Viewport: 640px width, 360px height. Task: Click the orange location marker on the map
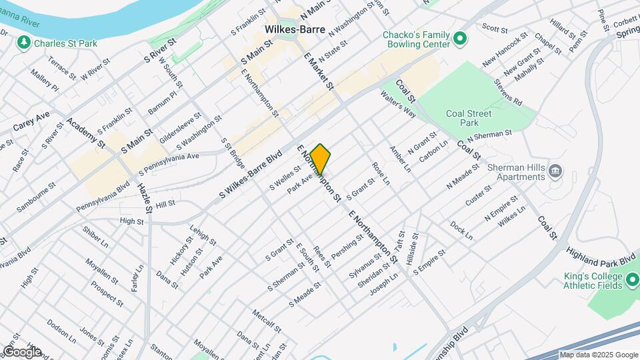tap(320, 159)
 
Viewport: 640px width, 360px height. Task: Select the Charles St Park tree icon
tap(24, 43)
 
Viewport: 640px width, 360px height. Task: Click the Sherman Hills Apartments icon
tap(554, 172)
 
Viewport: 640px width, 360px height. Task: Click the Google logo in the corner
tap(21, 352)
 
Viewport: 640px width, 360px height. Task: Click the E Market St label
tap(318, 73)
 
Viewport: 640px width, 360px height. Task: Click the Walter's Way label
tap(397, 106)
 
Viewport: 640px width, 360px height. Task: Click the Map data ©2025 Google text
tap(598, 355)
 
